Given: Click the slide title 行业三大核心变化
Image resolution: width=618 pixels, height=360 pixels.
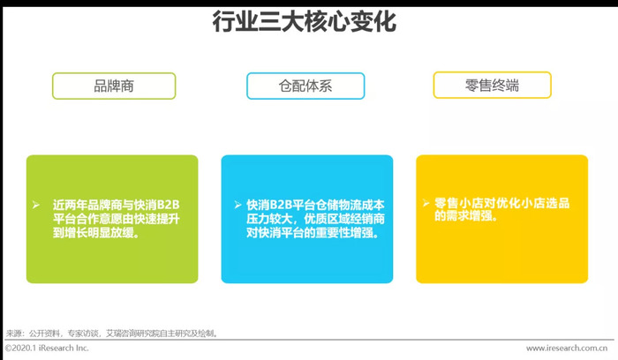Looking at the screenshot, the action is point(305,21).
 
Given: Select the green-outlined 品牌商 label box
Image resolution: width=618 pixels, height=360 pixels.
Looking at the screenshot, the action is point(114,86).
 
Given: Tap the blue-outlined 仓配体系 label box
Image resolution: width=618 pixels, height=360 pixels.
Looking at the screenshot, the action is point(305,86).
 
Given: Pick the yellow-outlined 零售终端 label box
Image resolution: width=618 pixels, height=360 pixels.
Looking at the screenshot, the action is point(493,85).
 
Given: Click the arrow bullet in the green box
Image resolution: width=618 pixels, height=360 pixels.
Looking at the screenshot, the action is point(36,205).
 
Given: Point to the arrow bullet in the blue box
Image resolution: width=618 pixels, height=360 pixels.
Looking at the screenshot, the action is point(237,205).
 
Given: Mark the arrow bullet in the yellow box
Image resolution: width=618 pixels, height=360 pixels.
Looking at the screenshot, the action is point(426,203).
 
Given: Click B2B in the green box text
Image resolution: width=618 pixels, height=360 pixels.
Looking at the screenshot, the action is point(168,205).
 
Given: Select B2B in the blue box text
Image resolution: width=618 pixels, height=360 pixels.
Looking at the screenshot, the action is point(282,205).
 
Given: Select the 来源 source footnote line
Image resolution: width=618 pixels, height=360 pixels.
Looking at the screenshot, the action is point(112,334).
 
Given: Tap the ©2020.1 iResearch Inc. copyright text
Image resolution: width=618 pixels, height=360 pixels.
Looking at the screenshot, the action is point(47,349).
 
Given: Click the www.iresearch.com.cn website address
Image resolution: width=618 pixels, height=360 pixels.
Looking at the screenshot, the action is point(567,349).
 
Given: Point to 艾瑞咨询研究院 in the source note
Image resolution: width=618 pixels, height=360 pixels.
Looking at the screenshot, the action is point(132,334).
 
